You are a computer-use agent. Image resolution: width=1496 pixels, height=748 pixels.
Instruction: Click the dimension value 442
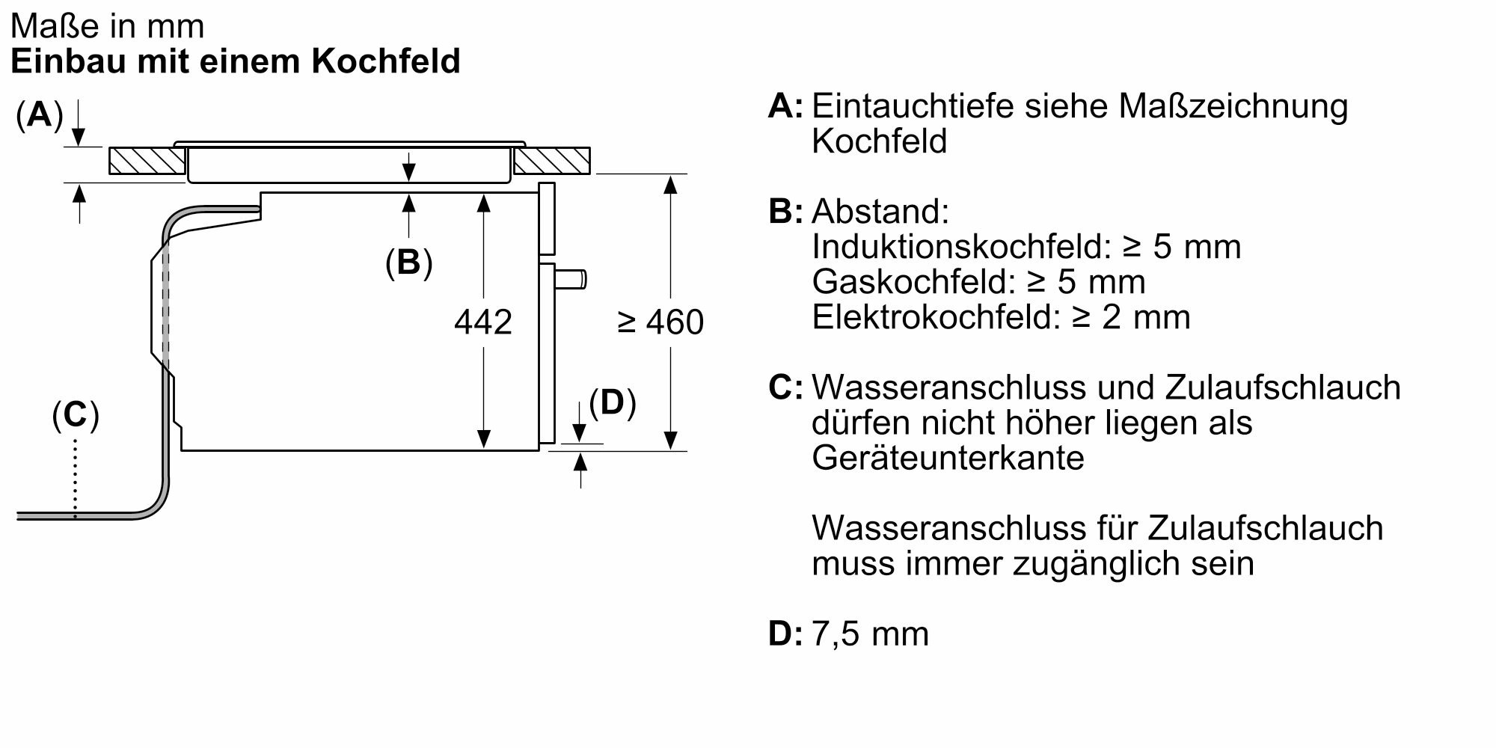coord(483,322)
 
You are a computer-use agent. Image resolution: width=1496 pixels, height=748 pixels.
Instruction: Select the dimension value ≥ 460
coord(660,322)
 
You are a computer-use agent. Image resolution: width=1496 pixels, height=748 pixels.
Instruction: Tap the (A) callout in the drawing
coord(39,114)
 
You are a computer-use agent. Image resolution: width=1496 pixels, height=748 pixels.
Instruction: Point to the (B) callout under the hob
coord(408,262)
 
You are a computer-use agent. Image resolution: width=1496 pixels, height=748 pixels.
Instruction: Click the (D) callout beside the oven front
coord(612,402)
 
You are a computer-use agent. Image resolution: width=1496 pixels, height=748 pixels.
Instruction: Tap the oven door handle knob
coord(572,279)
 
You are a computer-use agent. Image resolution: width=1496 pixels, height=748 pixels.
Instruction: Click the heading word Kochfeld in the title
coord(385,61)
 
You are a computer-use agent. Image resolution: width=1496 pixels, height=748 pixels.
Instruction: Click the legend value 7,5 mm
coord(870,634)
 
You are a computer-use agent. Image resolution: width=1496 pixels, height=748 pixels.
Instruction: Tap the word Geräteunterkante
coord(948,458)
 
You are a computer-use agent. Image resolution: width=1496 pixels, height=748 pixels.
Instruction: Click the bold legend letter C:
coord(785,387)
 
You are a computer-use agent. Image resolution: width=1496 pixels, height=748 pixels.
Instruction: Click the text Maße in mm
coord(108,27)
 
